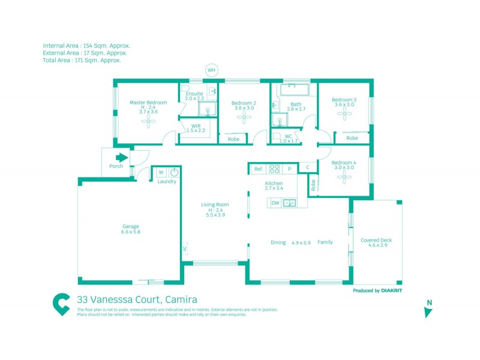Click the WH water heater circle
(x=211, y=70)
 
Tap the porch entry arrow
(x=122, y=158)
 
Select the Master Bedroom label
(x=148, y=103)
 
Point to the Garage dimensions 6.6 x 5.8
(x=130, y=232)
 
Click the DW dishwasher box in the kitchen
(x=275, y=203)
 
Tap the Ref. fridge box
(x=259, y=169)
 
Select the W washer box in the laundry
(x=161, y=173)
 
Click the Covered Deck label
(x=376, y=240)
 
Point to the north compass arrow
(x=428, y=311)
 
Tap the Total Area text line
(x=82, y=60)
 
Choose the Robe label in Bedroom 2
(x=233, y=139)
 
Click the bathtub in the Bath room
(x=293, y=89)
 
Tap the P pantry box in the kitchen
(x=289, y=169)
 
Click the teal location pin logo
(x=61, y=304)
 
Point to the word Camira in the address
(x=180, y=299)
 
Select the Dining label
(x=278, y=242)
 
